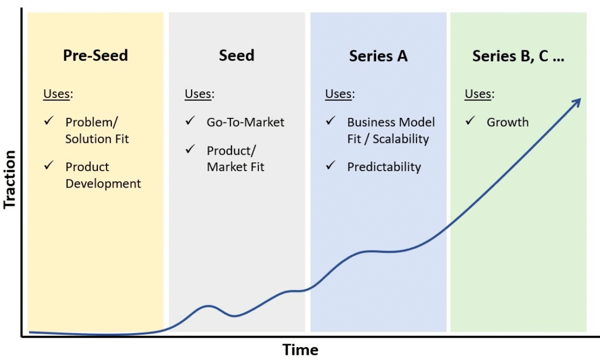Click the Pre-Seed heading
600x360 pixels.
pyautogui.click(x=95, y=56)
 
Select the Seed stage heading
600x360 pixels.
pyautogui.click(x=236, y=56)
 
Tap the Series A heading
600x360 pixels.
pyautogui.click(x=378, y=56)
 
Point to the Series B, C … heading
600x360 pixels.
pyautogui.click(x=518, y=56)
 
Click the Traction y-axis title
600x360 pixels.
pyautogui.click(x=10, y=179)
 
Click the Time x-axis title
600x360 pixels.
pyautogui.click(x=301, y=350)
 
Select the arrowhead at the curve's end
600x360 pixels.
pyautogui.click(x=576, y=103)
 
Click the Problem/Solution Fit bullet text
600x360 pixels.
pyautogui.click(x=97, y=130)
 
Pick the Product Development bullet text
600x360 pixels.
pyautogui.click(x=103, y=175)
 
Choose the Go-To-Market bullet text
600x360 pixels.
pyautogui.click(x=245, y=122)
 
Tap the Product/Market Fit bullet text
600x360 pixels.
pyautogui.click(x=235, y=158)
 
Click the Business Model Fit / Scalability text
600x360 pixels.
pyautogui.click(x=390, y=130)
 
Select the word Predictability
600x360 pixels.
pyautogui.click(x=384, y=167)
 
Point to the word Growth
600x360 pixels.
pyautogui.click(x=507, y=122)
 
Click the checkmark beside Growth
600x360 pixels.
pyautogui.click(x=471, y=121)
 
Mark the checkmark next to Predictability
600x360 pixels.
pyautogui.click(x=330, y=166)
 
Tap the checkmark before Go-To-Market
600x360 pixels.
pyautogui.click(x=190, y=121)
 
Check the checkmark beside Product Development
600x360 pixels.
pyautogui.click(x=49, y=166)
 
